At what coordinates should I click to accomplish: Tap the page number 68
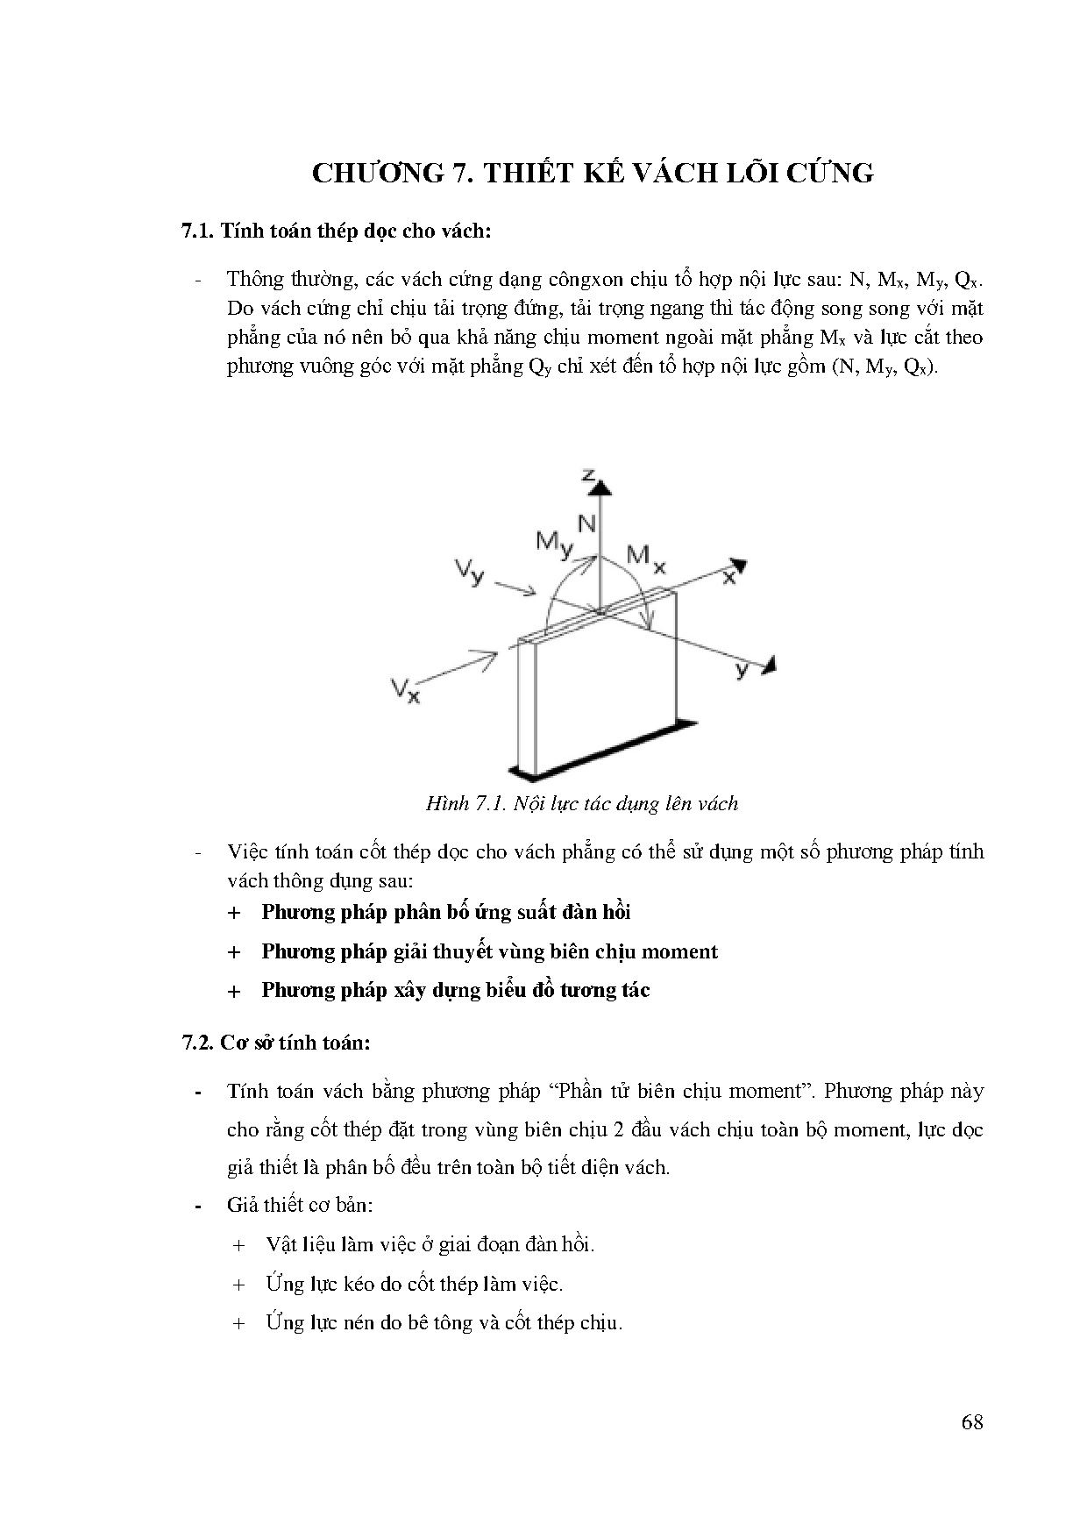pyautogui.click(x=971, y=1422)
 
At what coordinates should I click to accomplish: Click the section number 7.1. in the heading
pyautogui.click(x=197, y=231)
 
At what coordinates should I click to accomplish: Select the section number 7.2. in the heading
pyautogui.click(x=197, y=1043)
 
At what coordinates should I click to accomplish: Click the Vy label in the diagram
pyautogui.click(x=469, y=573)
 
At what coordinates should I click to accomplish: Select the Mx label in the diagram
pyautogui.click(x=646, y=558)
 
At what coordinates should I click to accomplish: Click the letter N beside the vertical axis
pyautogui.click(x=586, y=524)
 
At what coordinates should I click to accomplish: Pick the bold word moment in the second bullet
pyautogui.click(x=679, y=951)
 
